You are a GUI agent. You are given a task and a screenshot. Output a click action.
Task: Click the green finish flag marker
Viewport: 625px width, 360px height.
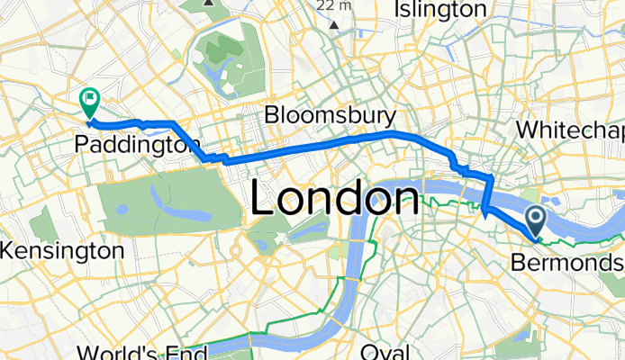point(90,102)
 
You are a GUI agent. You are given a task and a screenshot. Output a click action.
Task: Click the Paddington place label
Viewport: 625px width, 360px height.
point(138,144)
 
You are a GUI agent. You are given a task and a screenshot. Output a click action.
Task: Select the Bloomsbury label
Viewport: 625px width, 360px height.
point(331,116)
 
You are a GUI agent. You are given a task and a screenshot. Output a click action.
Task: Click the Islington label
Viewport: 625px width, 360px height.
point(440,10)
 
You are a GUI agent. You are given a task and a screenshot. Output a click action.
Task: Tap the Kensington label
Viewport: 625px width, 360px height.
point(62,250)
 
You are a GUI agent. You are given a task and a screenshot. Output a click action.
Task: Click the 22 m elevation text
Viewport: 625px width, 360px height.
point(335,5)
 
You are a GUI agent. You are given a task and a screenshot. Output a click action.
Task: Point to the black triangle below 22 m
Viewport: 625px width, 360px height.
point(335,24)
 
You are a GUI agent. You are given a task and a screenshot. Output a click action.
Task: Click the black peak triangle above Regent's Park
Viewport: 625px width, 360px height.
point(210,3)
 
